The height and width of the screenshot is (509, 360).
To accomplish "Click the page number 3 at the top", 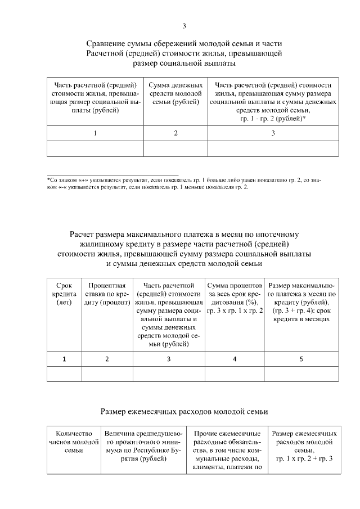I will pos(184,26).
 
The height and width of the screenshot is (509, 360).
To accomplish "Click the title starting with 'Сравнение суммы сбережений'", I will pos(184,53).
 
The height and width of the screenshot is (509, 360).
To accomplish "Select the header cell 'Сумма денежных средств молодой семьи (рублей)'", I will pos(175,93).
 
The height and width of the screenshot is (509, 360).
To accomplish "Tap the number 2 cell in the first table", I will pos(175,133).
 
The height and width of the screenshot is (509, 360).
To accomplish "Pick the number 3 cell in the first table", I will pos(273,133).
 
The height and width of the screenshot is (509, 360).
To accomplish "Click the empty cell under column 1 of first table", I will pos(95,148).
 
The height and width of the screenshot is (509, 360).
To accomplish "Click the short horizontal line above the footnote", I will pos(112,174).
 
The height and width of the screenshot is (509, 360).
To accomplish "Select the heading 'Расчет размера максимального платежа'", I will pos(184,249).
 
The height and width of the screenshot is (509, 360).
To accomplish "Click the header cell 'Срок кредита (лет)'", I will pos(64,294).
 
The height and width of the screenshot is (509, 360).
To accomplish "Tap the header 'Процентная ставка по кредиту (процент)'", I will pos(107,294).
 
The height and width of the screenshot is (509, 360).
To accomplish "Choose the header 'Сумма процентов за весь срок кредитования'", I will pos(235,298).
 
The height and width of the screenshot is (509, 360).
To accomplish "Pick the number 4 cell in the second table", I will pos(235,359).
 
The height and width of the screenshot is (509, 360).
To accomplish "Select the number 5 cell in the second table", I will pos(301,359).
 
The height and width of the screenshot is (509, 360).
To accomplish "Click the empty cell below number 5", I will pos(301,374).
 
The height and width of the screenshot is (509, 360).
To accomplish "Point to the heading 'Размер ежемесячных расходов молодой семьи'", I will pos(184,412).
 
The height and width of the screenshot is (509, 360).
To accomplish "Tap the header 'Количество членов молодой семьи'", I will pos(74,442).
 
